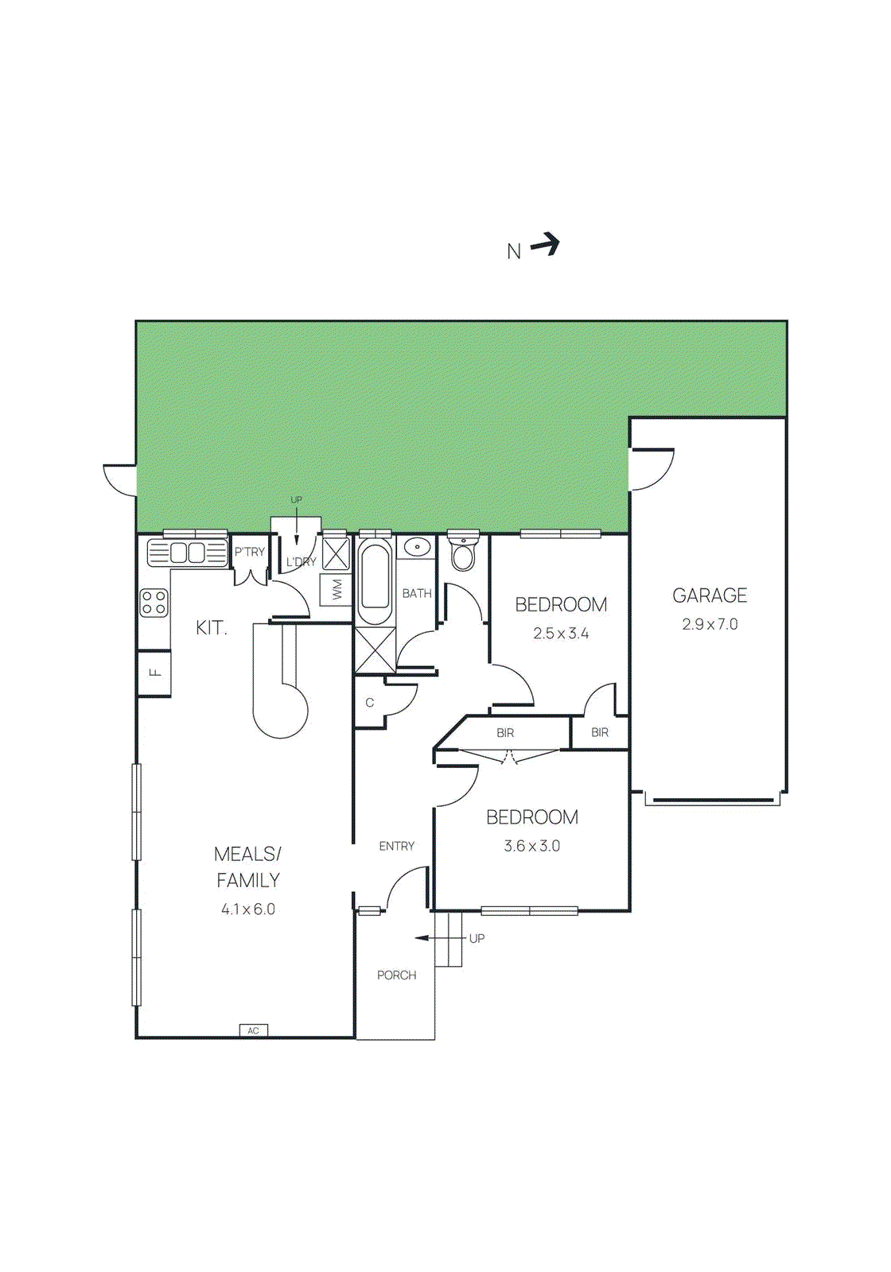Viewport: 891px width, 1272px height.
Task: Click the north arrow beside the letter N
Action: pos(546,244)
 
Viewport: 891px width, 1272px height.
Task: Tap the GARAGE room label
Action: pos(710,595)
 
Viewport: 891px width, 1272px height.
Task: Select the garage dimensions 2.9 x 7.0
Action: pos(710,624)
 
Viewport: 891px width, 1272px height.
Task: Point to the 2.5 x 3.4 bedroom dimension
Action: pos(561,634)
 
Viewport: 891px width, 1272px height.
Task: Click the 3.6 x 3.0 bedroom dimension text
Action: pos(531,846)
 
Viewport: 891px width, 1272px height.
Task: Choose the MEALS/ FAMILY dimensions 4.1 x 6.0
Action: pos(248,909)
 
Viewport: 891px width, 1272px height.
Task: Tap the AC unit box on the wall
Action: pos(254,1030)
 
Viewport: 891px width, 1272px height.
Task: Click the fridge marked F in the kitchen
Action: pos(155,673)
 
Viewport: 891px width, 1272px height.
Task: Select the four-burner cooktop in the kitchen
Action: pos(154,603)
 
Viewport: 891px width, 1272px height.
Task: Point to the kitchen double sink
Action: pos(188,553)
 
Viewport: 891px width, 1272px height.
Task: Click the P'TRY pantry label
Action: pos(249,552)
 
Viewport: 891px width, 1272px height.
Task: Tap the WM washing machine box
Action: pos(337,590)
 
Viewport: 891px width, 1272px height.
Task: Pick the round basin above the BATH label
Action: pos(417,547)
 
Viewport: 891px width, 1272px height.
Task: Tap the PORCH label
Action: pos(396,975)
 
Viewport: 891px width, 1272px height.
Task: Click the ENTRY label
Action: pos(396,846)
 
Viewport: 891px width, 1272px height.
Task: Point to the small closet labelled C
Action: pos(369,703)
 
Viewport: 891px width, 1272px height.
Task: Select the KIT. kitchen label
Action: pos(212,627)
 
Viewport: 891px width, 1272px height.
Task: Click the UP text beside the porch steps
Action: pos(477,938)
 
